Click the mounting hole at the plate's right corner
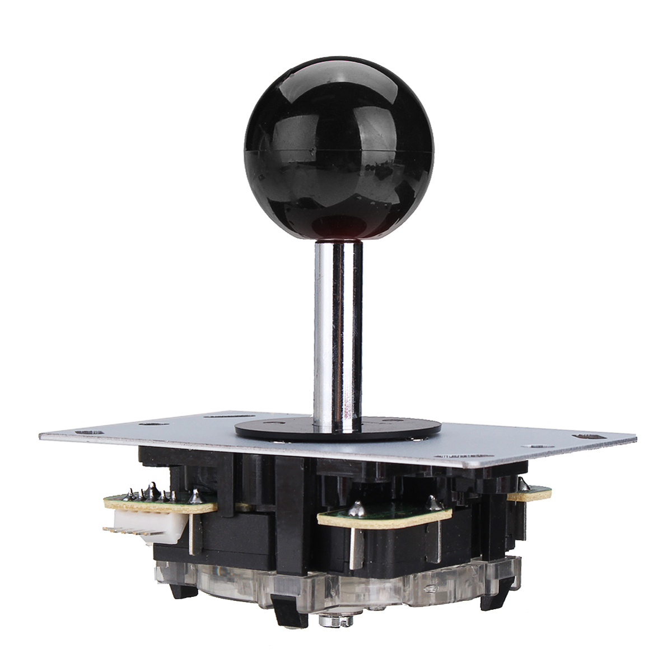click(587, 435)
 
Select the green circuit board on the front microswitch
click(386, 513)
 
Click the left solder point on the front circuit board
click(356, 508)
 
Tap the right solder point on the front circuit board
click(433, 500)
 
